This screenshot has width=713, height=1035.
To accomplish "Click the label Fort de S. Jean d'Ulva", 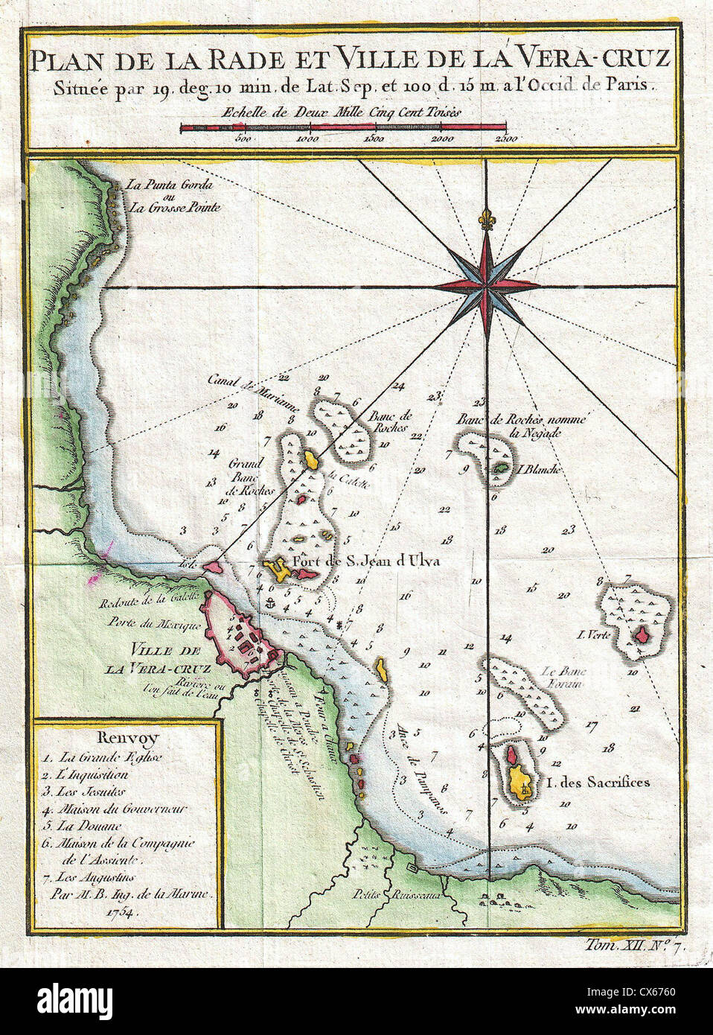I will pos(366,561).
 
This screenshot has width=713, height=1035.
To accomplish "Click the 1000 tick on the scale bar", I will pos(307,138).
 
